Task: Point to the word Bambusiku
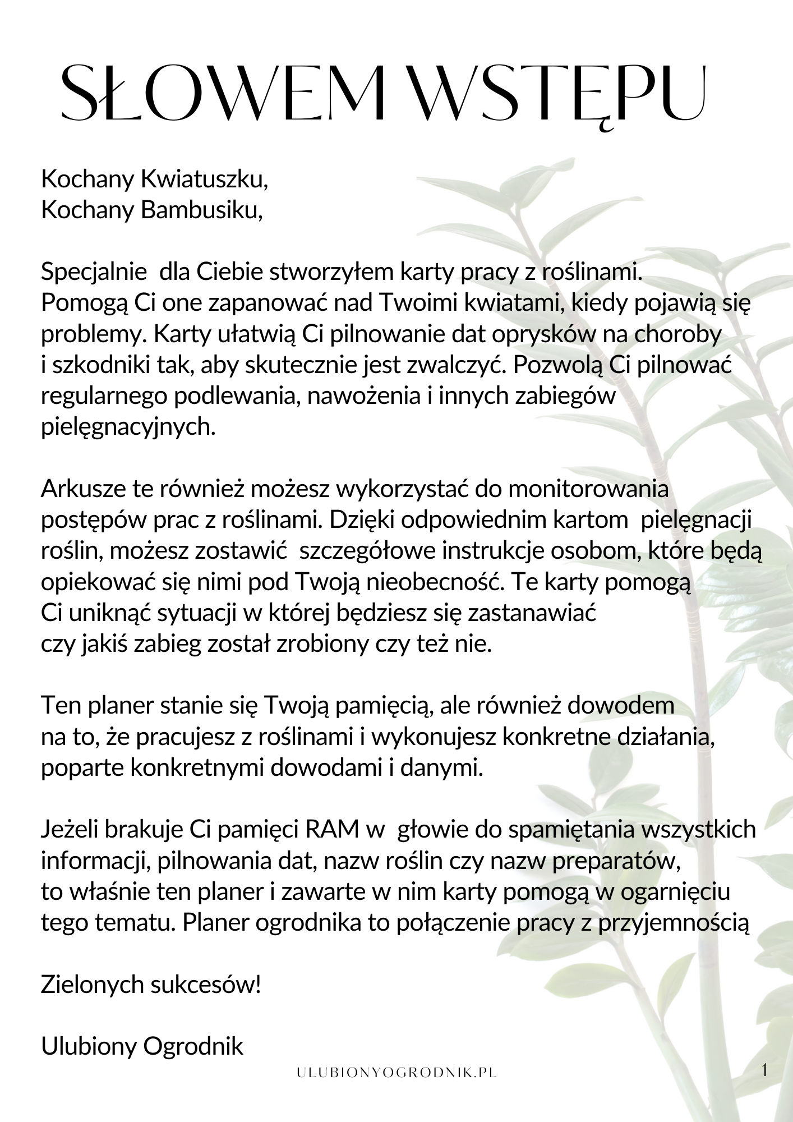[x=201, y=210]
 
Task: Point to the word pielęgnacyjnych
[x=128, y=427]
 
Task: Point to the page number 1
[x=764, y=1070]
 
